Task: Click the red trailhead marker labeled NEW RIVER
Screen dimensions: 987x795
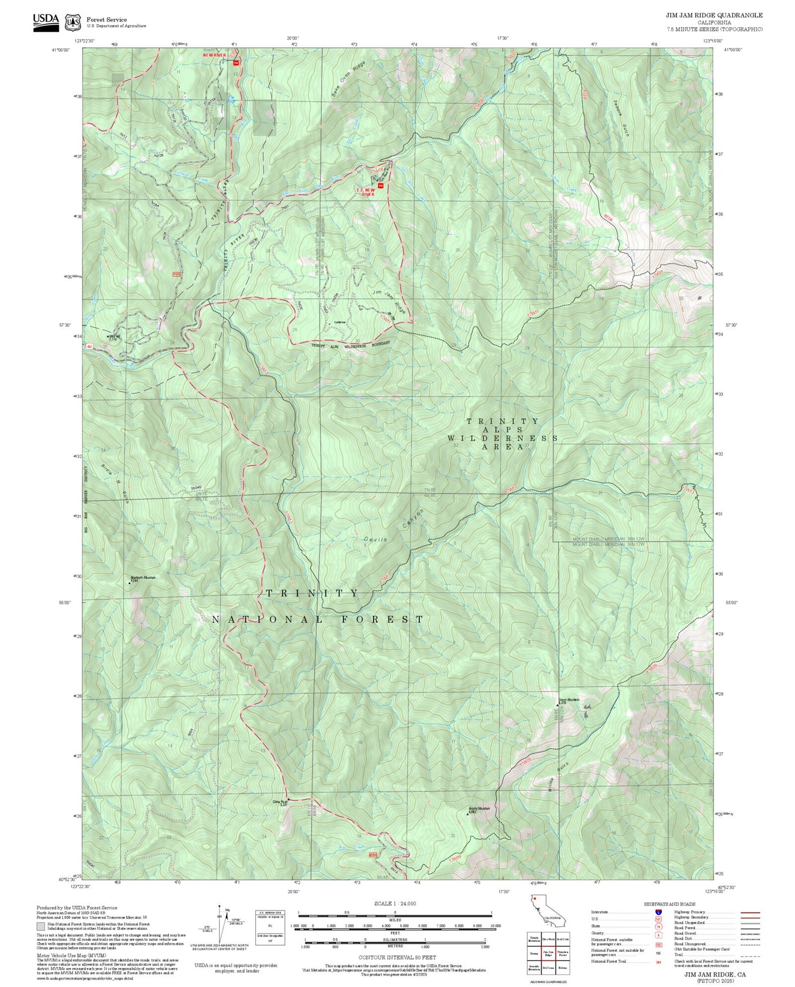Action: [236, 63]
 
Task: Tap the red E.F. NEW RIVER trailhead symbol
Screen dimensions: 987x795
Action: [380, 185]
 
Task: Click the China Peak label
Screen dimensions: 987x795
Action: [280, 802]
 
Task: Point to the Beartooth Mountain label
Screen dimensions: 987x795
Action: [143, 578]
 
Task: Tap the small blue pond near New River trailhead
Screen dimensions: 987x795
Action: [232, 100]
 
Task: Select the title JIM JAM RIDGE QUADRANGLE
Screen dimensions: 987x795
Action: [714, 15]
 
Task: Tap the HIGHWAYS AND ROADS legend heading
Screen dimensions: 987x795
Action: [670, 904]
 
